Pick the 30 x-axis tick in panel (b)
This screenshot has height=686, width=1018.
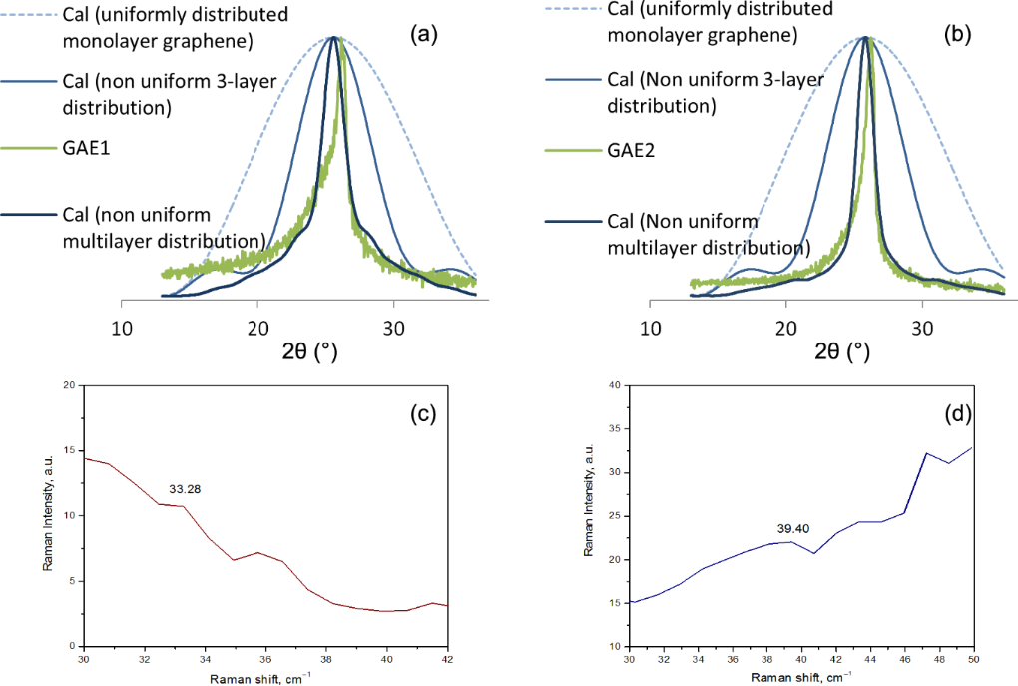[924, 327]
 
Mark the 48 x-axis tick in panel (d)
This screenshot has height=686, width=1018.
[949, 660]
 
